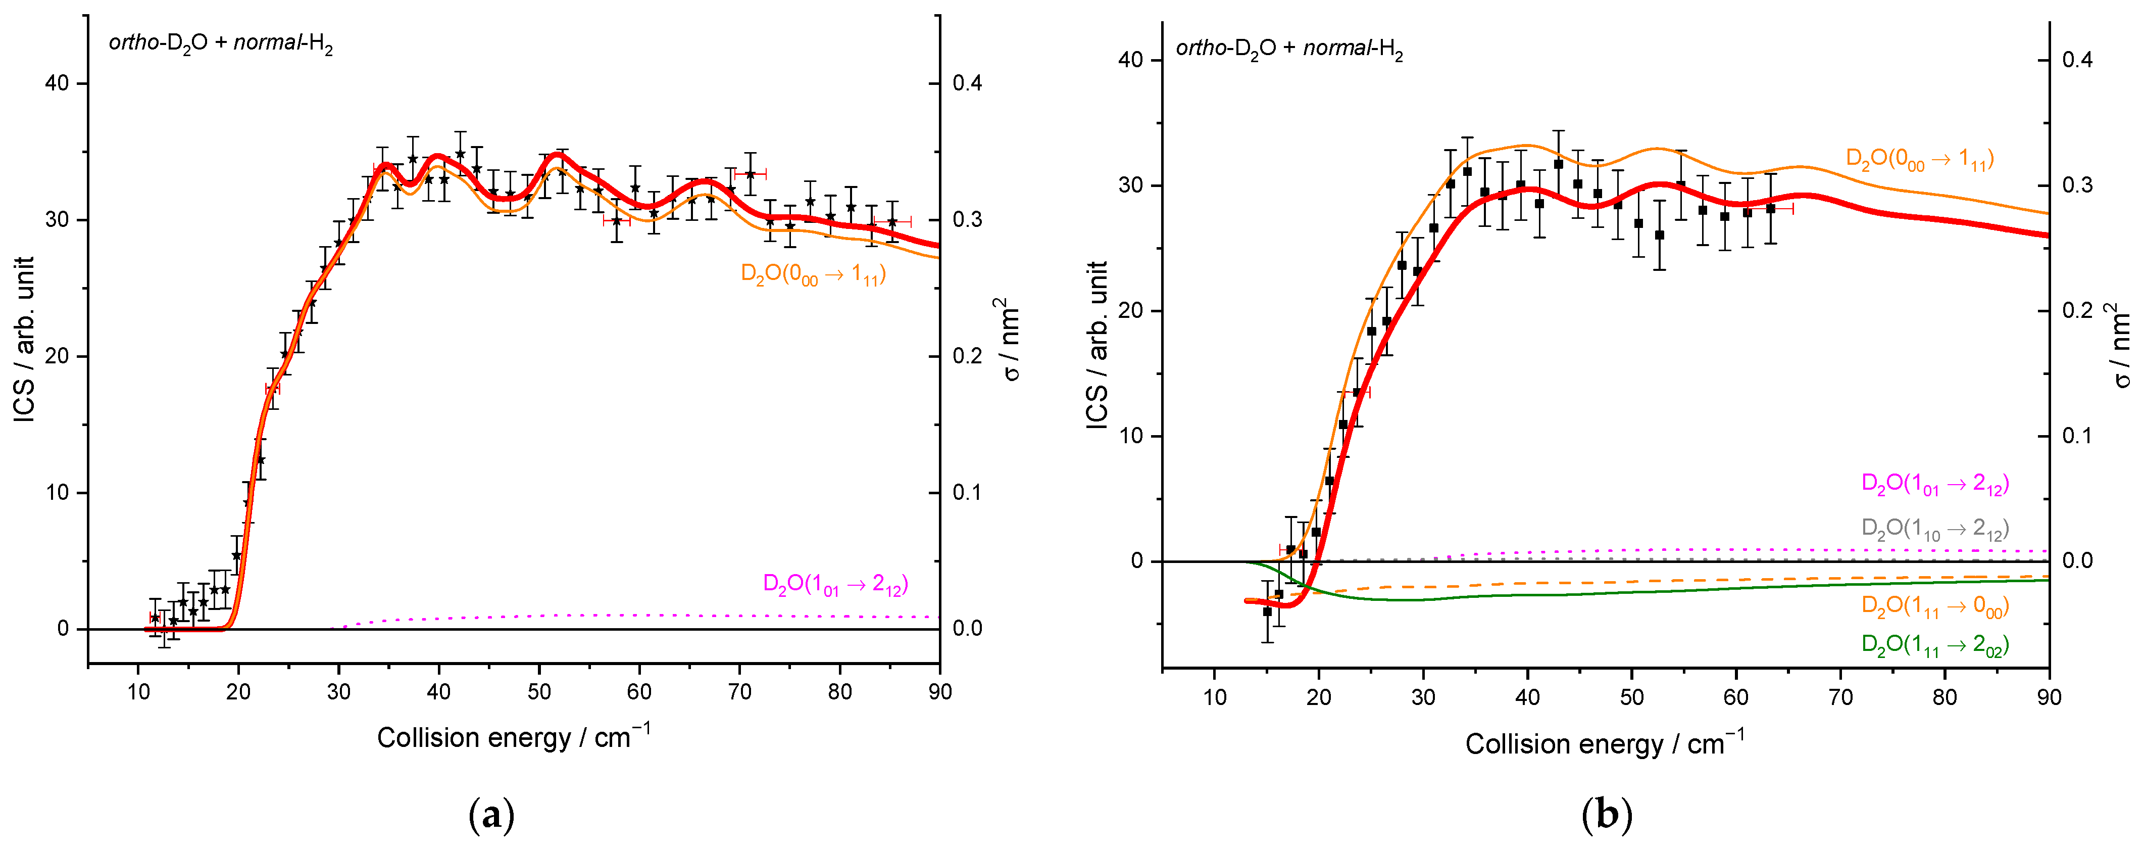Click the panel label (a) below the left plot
tap(491, 815)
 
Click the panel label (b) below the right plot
tap(1607, 815)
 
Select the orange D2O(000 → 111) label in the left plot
tap(813, 274)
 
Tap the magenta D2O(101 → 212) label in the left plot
tap(835, 584)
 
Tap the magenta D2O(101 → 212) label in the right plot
tap(1934, 484)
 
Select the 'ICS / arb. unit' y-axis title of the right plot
tap(1098, 345)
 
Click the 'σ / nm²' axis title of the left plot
tap(1010, 340)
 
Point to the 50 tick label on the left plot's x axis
tap(539, 691)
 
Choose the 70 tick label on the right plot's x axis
tap(1840, 697)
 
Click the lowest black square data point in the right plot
tap(1267, 611)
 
